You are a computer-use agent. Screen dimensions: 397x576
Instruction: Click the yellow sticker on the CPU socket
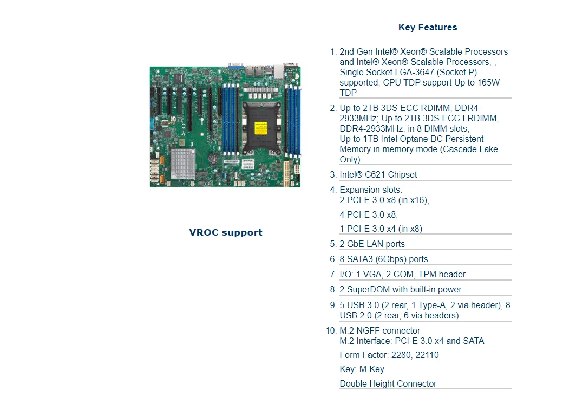point(259,128)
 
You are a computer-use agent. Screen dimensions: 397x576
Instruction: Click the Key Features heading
point(427,28)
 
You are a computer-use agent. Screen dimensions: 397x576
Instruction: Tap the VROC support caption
point(226,232)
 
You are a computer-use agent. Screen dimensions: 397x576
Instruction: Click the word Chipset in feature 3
point(402,175)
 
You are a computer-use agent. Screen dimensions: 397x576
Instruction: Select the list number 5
point(333,244)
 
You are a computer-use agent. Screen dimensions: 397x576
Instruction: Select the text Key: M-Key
point(362,369)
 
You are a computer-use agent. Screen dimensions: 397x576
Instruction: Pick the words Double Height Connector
point(388,384)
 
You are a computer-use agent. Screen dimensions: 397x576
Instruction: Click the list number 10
point(331,331)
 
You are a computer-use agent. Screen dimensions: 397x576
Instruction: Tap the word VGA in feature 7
point(374,275)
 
